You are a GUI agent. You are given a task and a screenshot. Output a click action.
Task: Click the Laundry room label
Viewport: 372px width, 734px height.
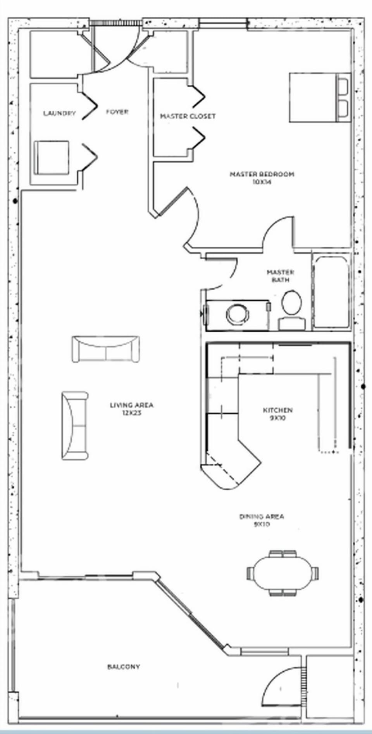coord(59,113)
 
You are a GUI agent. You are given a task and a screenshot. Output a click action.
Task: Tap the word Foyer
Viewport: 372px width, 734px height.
coord(117,112)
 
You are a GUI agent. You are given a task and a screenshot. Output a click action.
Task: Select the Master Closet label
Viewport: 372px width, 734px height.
coord(188,116)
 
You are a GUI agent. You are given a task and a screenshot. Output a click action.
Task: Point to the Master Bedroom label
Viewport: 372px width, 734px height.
coord(262,174)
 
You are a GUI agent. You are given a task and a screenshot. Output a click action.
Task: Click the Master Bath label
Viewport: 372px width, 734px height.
coord(280,276)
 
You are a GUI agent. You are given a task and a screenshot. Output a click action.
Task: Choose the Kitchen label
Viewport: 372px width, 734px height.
coord(278,410)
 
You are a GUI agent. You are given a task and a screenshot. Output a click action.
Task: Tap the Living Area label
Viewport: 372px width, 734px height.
coord(132,405)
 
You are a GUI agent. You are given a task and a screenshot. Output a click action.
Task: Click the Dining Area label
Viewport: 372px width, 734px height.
coord(262,517)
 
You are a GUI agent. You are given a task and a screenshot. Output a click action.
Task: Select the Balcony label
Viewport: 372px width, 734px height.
coord(124,667)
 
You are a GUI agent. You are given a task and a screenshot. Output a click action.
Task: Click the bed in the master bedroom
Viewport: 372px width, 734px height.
coord(320,98)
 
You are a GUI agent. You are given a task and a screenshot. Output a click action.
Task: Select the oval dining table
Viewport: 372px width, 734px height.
coord(282,573)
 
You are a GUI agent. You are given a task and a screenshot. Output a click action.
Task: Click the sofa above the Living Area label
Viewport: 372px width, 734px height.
coord(105,349)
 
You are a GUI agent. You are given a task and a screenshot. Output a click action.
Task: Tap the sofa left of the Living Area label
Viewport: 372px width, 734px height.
coord(75,426)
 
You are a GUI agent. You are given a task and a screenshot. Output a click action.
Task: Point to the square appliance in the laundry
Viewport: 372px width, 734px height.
coord(52,157)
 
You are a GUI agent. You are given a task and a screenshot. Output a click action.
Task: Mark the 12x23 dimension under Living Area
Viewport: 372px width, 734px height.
coord(132,413)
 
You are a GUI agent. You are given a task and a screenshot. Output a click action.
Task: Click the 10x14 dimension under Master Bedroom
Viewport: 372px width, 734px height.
coord(262,182)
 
